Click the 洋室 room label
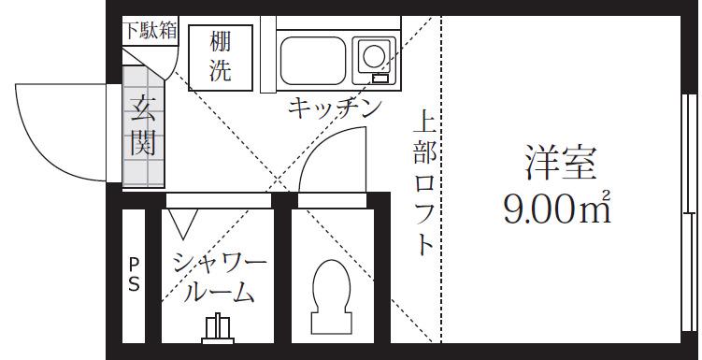coord(561,162)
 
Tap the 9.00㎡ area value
coord(557,209)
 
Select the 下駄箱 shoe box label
coord(150,31)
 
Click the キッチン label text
coord(335,108)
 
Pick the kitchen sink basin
coord(313,61)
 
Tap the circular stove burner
coord(374,56)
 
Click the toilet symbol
coord(331,296)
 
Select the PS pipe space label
coord(134,275)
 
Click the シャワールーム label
coord(220,278)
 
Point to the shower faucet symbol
coord(218,328)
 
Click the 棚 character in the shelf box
coord(221,42)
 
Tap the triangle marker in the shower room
coord(183,223)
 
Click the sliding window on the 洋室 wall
coord(690,212)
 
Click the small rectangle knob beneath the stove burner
coord(381,79)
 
